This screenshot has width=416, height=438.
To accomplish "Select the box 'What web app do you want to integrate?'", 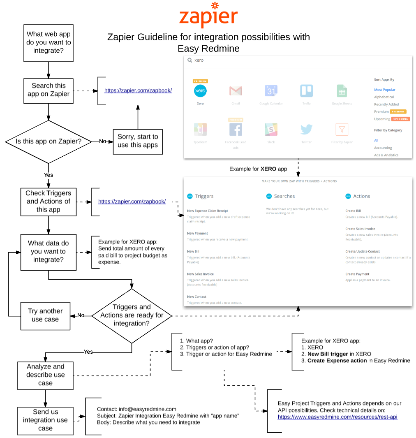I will [x=49, y=43].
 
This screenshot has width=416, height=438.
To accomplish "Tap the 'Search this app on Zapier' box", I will [x=49, y=90].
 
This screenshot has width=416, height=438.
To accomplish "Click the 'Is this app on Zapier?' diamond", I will [x=49, y=141].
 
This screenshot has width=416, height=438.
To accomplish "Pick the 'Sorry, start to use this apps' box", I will [x=138, y=141].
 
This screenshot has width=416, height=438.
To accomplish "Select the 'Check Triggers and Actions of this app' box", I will [x=49, y=202].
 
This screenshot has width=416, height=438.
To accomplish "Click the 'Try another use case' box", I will [x=45, y=315].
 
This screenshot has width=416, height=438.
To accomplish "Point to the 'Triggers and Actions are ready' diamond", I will [x=132, y=315].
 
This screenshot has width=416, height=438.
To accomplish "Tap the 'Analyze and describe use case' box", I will [x=45, y=375].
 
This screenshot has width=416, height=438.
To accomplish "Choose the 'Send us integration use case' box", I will [x=45, y=420].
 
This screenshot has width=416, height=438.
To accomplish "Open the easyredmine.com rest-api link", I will [x=337, y=417].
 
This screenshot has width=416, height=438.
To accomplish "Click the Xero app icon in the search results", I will [x=200, y=91].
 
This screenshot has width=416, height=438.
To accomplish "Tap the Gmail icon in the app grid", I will [x=236, y=91].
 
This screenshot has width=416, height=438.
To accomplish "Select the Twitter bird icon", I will [x=306, y=130].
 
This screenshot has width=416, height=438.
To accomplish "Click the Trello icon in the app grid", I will [x=306, y=91].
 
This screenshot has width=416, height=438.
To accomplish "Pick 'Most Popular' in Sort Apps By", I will [x=384, y=90].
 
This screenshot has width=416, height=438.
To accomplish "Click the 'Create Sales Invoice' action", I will [x=360, y=229].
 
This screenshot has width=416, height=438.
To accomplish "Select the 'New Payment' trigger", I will [x=198, y=233].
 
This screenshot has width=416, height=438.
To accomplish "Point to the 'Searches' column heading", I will [x=284, y=196].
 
